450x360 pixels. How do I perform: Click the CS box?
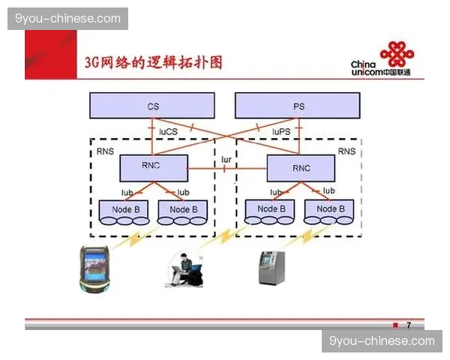[x=152, y=106]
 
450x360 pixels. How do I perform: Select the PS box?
[x=298, y=106]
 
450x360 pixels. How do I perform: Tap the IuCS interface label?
[x=167, y=130]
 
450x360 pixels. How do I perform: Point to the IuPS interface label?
[x=281, y=130]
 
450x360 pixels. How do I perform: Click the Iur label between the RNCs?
[x=226, y=160]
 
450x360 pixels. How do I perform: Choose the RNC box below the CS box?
[x=151, y=166]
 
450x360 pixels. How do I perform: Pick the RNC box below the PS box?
[x=300, y=168]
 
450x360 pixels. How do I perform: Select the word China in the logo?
[x=363, y=64]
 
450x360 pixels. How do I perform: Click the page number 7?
[x=408, y=325]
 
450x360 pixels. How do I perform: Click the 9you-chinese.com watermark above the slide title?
[x=68, y=19]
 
